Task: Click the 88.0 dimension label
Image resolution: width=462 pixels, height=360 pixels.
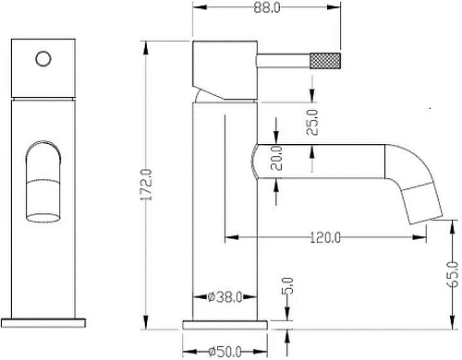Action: click(267, 7)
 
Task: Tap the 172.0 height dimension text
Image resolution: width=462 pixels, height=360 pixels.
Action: click(147, 185)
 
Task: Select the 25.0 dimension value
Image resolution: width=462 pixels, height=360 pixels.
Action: click(312, 122)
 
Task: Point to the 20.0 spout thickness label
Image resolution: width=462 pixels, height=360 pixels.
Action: click(276, 158)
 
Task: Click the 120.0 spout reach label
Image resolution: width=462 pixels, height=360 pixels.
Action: click(325, 237)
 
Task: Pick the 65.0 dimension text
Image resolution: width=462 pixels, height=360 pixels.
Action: click(453, 274)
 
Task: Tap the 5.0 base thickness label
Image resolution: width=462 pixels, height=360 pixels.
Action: click(287, 286)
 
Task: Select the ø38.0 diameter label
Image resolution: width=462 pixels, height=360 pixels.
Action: click(225, 297)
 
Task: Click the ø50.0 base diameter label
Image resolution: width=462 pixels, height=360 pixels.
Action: click(225, 351)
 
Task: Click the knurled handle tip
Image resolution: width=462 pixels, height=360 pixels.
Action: click(325, 60)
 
